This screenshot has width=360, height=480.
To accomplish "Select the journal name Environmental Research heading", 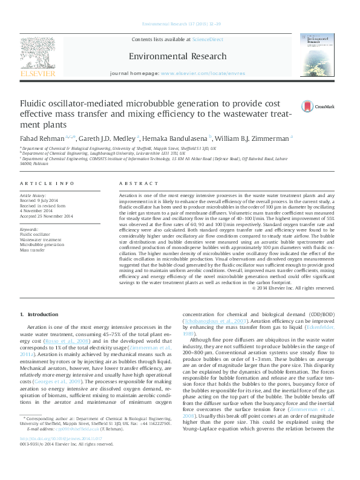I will pos(177,56).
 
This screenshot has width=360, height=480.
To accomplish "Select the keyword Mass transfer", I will pos(33,249).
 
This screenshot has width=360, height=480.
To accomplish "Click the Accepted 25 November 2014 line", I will pos(47,216).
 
